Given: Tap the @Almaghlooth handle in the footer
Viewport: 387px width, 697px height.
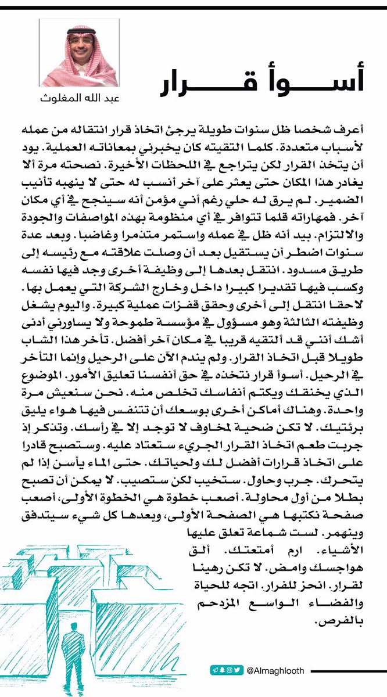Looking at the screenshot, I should click(x=275, y=670).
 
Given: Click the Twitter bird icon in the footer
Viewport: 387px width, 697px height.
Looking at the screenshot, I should click(x=237, y=670).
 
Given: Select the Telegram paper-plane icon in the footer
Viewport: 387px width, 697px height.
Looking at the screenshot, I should click(x=214, y=670).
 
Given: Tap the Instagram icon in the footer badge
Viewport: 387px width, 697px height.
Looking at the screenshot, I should click(x=230, y=670).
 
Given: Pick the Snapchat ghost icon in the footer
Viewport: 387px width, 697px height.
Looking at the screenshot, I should click(x=222, y=670).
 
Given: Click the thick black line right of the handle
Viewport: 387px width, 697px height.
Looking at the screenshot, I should click(x=343, y=670).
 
